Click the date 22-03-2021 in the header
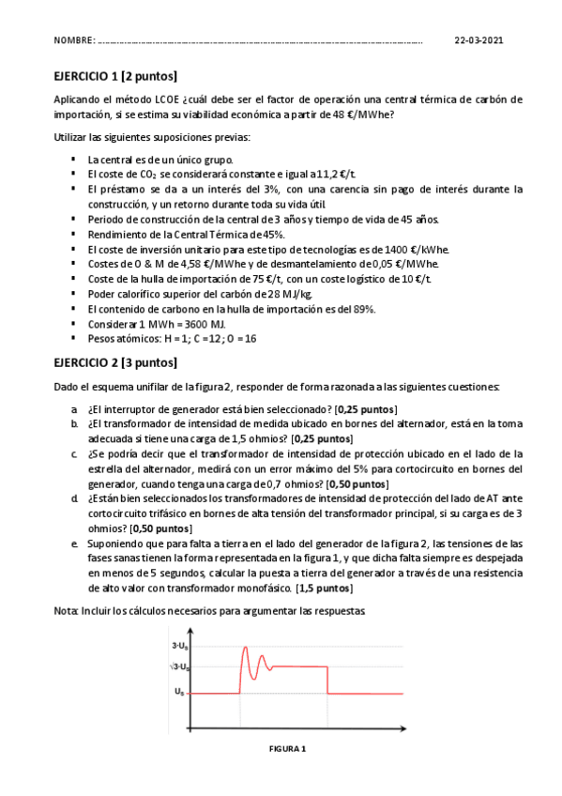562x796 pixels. point(478,41)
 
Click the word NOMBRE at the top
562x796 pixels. point(74,41)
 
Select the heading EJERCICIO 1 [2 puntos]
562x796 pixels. point(114,76)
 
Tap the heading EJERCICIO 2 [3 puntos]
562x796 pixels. point(114,362)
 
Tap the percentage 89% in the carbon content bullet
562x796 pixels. point(363,309)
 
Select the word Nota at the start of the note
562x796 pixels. point(66,610)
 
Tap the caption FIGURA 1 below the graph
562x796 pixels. point(287,748)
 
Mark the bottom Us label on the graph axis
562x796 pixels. point(179,692)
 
